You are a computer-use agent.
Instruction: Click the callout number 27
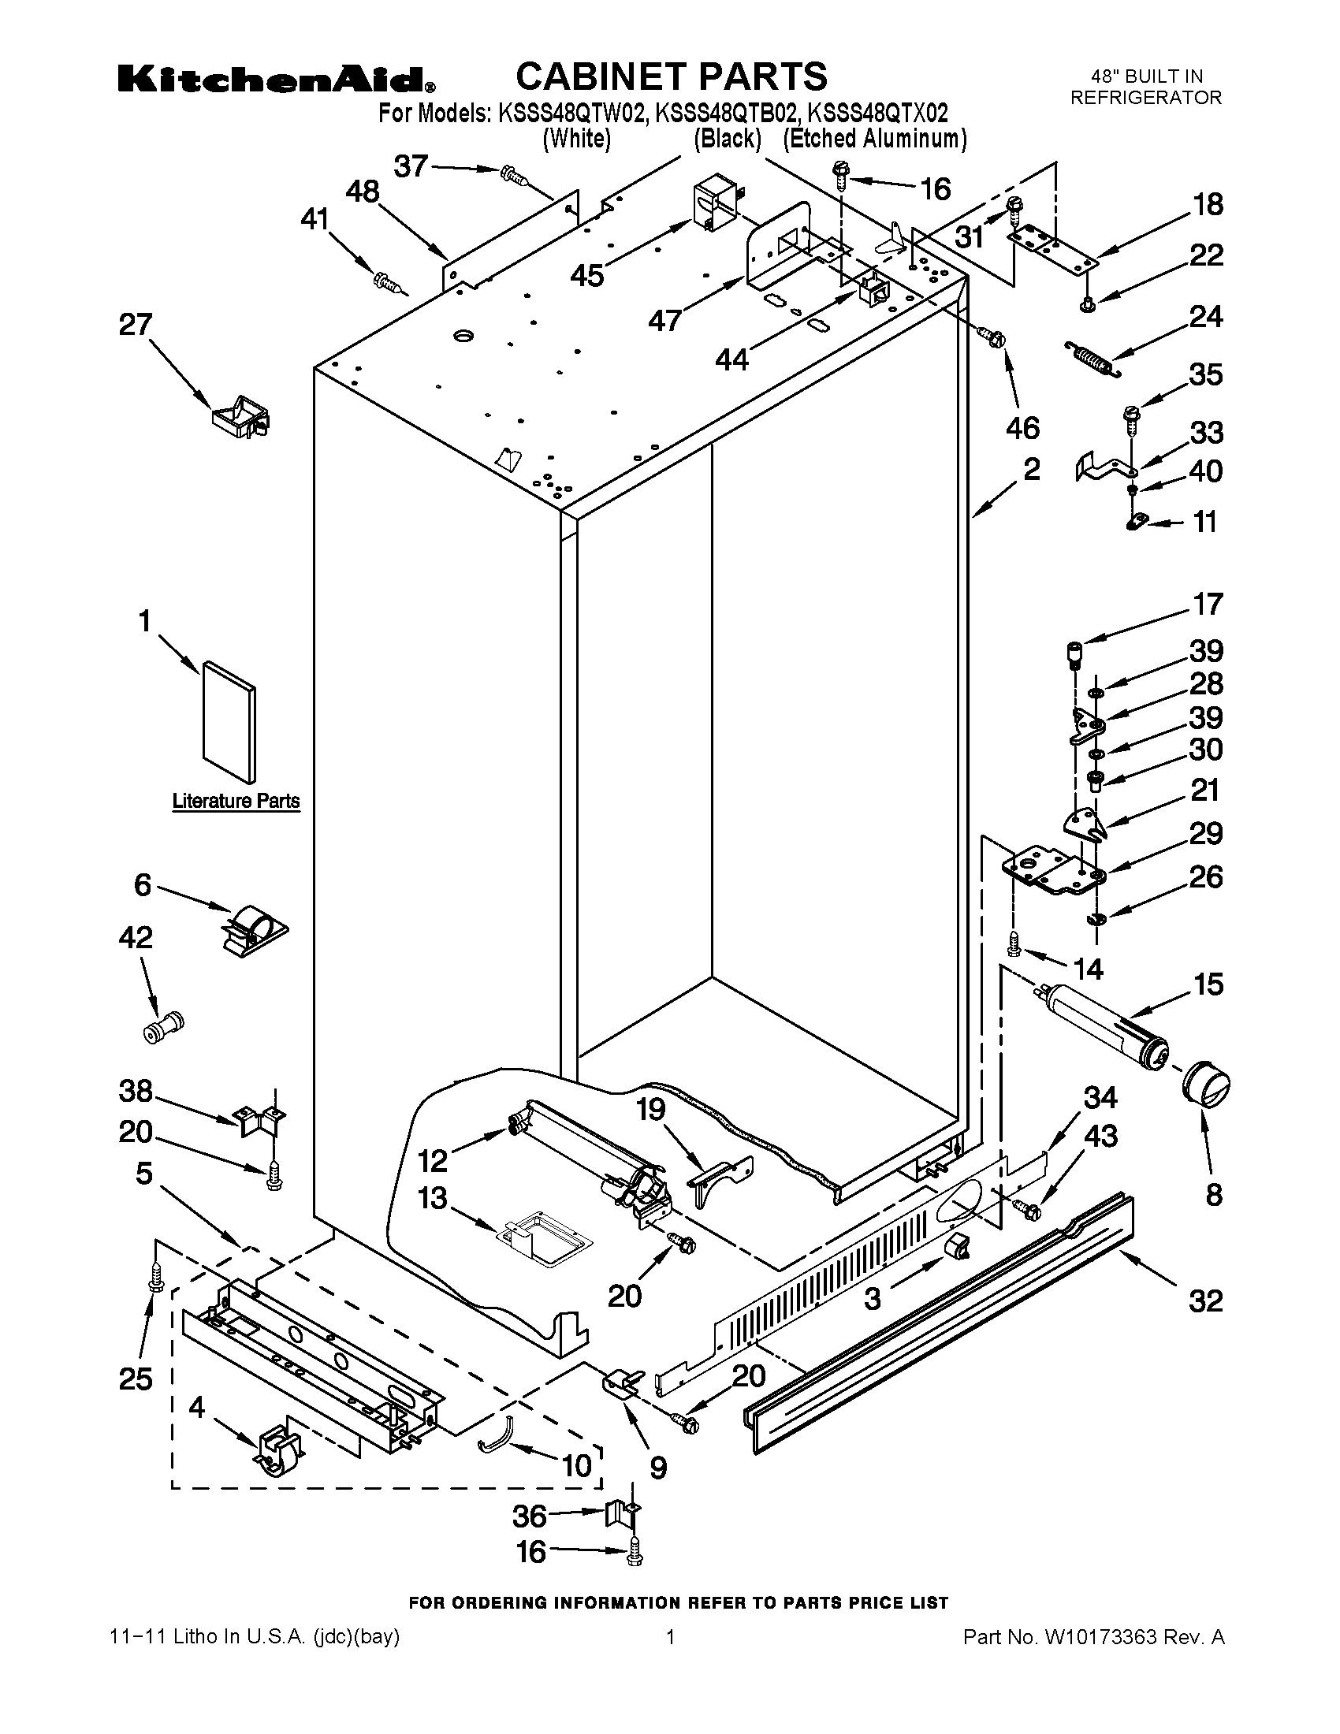click(x=135, y=325)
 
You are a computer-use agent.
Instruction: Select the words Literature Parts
click(x=236, y=801)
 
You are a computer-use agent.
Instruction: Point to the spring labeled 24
click(x=1093, y=356)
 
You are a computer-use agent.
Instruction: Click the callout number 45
click(x=587, y=276)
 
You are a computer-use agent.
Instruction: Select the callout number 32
click(x=1205, y=1300)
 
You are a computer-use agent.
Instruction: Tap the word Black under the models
click(x=728, y=139)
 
